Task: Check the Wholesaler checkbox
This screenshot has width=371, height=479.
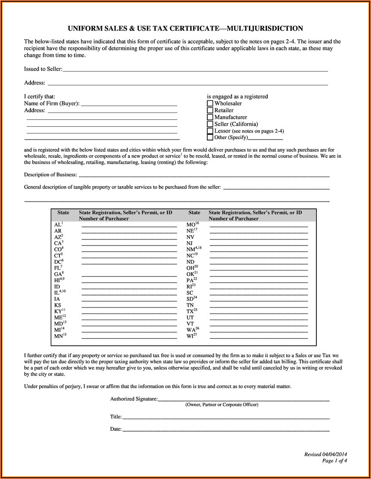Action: point(210,103)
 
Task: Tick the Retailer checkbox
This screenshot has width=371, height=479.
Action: point(210,110)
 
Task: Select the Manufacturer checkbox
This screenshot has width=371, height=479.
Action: point(210,117)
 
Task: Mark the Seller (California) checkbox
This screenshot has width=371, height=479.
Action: point(210,124)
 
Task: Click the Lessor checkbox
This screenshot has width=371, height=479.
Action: point(210,131)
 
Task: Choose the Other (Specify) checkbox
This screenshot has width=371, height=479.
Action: point(210,137)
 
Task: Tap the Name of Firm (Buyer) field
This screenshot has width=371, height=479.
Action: point(129,104)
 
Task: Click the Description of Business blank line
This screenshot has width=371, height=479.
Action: point(204,175)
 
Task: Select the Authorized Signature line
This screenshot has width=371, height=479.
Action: point(244,399)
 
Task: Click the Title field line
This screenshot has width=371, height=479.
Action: point(226,417)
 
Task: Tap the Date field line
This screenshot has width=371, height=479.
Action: point(226,429)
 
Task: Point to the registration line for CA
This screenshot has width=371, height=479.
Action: point(129,244)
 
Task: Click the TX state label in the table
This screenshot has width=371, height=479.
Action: point(190,311)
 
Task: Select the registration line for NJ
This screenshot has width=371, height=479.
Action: point(259,244)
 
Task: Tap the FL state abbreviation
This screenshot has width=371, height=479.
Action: point(58,268)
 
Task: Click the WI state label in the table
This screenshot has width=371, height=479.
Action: point(190,336)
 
